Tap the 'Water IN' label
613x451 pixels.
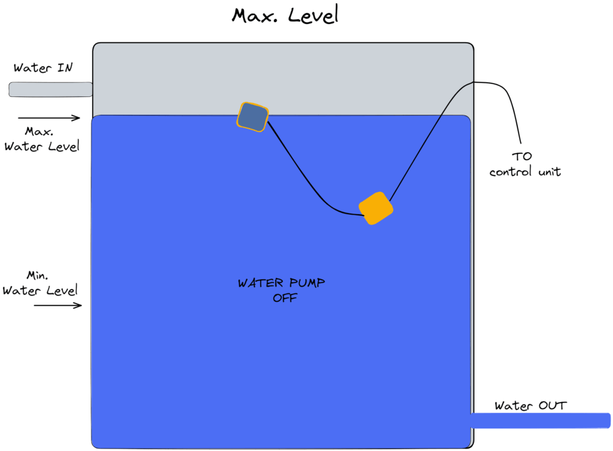click(x=43, y=67)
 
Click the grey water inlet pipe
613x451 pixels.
click(x=50, y=89)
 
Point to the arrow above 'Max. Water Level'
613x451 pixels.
click(x=49, y=117)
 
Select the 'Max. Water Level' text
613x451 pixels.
click(x=42, y=139)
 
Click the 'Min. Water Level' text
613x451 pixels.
click(x=40, y=283)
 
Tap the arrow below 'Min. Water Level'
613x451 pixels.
click(x=58, y=305)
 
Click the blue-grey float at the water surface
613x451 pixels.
click(x=253, y=117)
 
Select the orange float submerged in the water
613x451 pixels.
click(x=376, y=208)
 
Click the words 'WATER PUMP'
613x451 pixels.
click(x=281, y=283)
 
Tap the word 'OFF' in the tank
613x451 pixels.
click(x=285, y=298)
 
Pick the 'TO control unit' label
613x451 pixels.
click(x=525, y=164)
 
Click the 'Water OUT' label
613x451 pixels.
click(x=530, y=405)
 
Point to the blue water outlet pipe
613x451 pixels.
click(x=540, y=420)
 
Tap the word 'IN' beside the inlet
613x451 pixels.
click(x=65, y=67)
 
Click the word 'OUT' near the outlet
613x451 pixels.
click(x=553, y=405)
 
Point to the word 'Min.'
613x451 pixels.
click(x=37, y=276)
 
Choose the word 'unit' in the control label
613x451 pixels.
click(x=550, y=171)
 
